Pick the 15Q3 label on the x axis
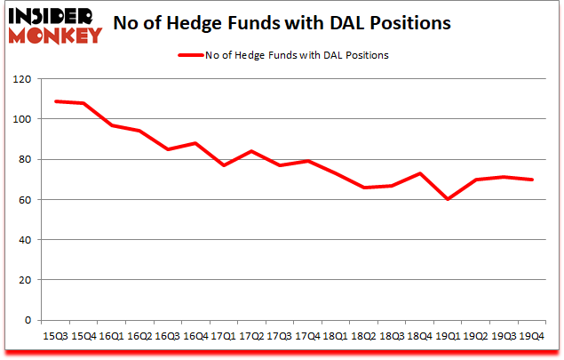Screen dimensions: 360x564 (54, 336)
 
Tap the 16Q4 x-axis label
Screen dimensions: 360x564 (195, 336)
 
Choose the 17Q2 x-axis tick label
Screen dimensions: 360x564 (251, 336)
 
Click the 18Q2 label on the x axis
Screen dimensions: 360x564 (363, 336)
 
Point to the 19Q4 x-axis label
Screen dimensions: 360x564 (531, 336)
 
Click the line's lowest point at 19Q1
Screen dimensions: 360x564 (448, 199)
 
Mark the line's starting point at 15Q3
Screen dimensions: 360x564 (55, 101)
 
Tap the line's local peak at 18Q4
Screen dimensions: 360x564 (419, 173)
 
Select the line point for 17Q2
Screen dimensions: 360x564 (251, 151)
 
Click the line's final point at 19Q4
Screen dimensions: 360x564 (531, 180)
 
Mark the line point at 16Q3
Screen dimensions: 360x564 (167, 149)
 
